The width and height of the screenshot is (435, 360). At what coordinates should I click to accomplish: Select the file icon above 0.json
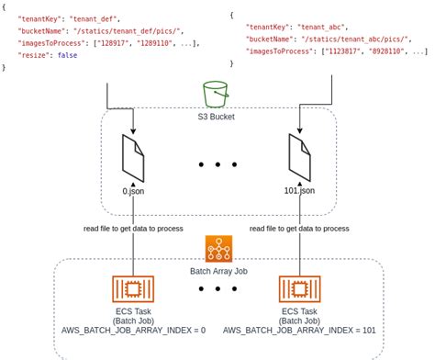pyautogui.click(x=133, y=158)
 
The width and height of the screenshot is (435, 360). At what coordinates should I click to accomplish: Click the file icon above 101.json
pyautogui.click(x=299, y=158)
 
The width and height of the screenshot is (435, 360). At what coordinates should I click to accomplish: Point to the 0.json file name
pyautogui.click(x=134, y=190)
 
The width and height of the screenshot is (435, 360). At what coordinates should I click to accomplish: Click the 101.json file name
pyautogui.click(x=299, y=190)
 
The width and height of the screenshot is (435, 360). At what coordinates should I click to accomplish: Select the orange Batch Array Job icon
pyautogui.click(x=218, y=249)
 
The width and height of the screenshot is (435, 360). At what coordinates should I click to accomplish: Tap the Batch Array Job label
pyautogui.click(x=218, y=273)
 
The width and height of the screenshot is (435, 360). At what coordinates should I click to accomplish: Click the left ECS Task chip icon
pyautogui.click(x=133, y=290)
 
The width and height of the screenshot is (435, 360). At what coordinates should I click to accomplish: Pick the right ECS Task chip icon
pyautogui.click(x=299, y=290)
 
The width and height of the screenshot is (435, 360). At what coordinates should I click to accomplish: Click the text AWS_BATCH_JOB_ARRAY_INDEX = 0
pyautogui.click(x=133, y=330)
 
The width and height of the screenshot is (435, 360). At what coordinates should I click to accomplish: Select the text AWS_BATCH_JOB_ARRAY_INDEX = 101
pyautogui.click(x=299, y=330)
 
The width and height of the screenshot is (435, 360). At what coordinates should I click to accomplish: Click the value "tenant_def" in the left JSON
pyautogui.click(x=95, y=17)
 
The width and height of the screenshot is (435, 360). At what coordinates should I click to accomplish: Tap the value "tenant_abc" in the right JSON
pyautogui.click(x=321, y=28)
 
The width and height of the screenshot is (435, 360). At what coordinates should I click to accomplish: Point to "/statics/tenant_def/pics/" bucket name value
pyautogui.click(x=128, y=30)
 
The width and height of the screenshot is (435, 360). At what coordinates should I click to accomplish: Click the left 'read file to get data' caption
pyautogui.click(x=133, y=228)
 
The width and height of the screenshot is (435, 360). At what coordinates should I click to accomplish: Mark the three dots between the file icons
pyautogui.click(x=218, y=165)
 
